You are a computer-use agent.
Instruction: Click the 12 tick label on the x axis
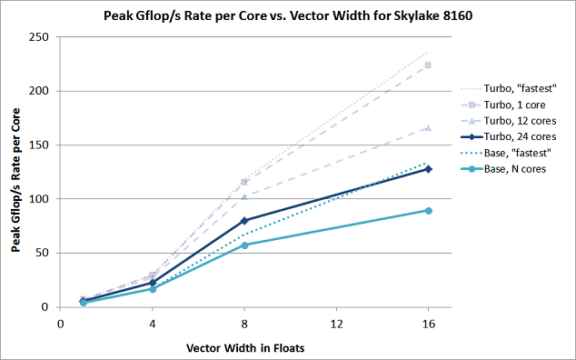[336, 323]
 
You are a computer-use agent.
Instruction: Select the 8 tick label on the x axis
[243, 323]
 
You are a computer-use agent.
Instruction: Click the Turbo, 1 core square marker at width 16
[428, 65]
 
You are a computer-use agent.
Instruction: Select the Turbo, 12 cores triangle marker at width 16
[428, 128]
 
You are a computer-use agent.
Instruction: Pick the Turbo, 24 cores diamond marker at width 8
[244, 220]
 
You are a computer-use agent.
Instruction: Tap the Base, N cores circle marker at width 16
[428, 210]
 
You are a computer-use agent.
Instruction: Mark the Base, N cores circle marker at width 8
[244, 245]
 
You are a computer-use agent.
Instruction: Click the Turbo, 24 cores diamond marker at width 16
[428, 169]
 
